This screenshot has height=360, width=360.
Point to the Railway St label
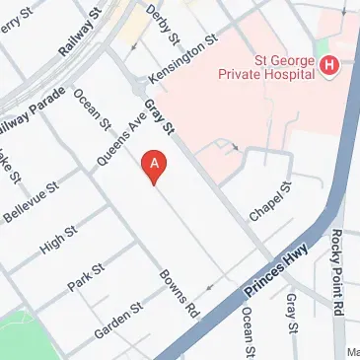coord(81,32)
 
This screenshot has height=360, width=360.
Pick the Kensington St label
coord(181,59)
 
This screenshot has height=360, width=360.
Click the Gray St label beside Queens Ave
coord(159,116)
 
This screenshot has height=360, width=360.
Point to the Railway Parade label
coord(30,109)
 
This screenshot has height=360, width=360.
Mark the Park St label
coord(85,277)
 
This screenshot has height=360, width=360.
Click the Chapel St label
coord(271,202)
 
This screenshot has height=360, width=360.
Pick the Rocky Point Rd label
coord(337,259)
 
